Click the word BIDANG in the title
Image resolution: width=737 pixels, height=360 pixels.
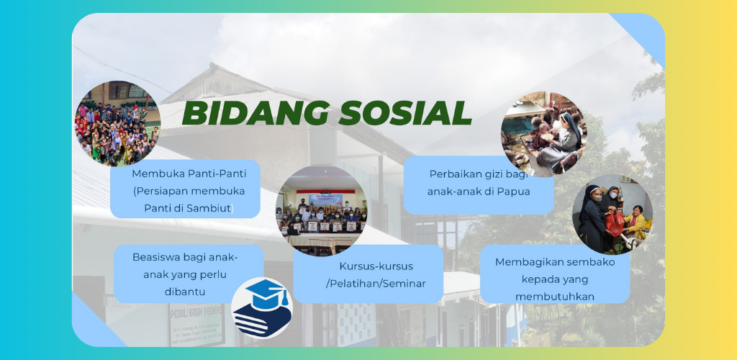coord(256,113)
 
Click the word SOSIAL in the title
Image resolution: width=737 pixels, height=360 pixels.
coord(405,113)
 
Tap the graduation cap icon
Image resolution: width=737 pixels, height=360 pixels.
coord(262,308)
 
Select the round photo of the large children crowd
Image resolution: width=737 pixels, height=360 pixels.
coord(117,124)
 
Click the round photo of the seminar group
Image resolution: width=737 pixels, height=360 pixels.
coord(322,210)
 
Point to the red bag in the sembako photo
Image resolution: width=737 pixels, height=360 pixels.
coord(615,223)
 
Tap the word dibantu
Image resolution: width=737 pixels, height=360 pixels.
coord(185,292)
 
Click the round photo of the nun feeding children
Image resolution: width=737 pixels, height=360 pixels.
coord(543,135)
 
